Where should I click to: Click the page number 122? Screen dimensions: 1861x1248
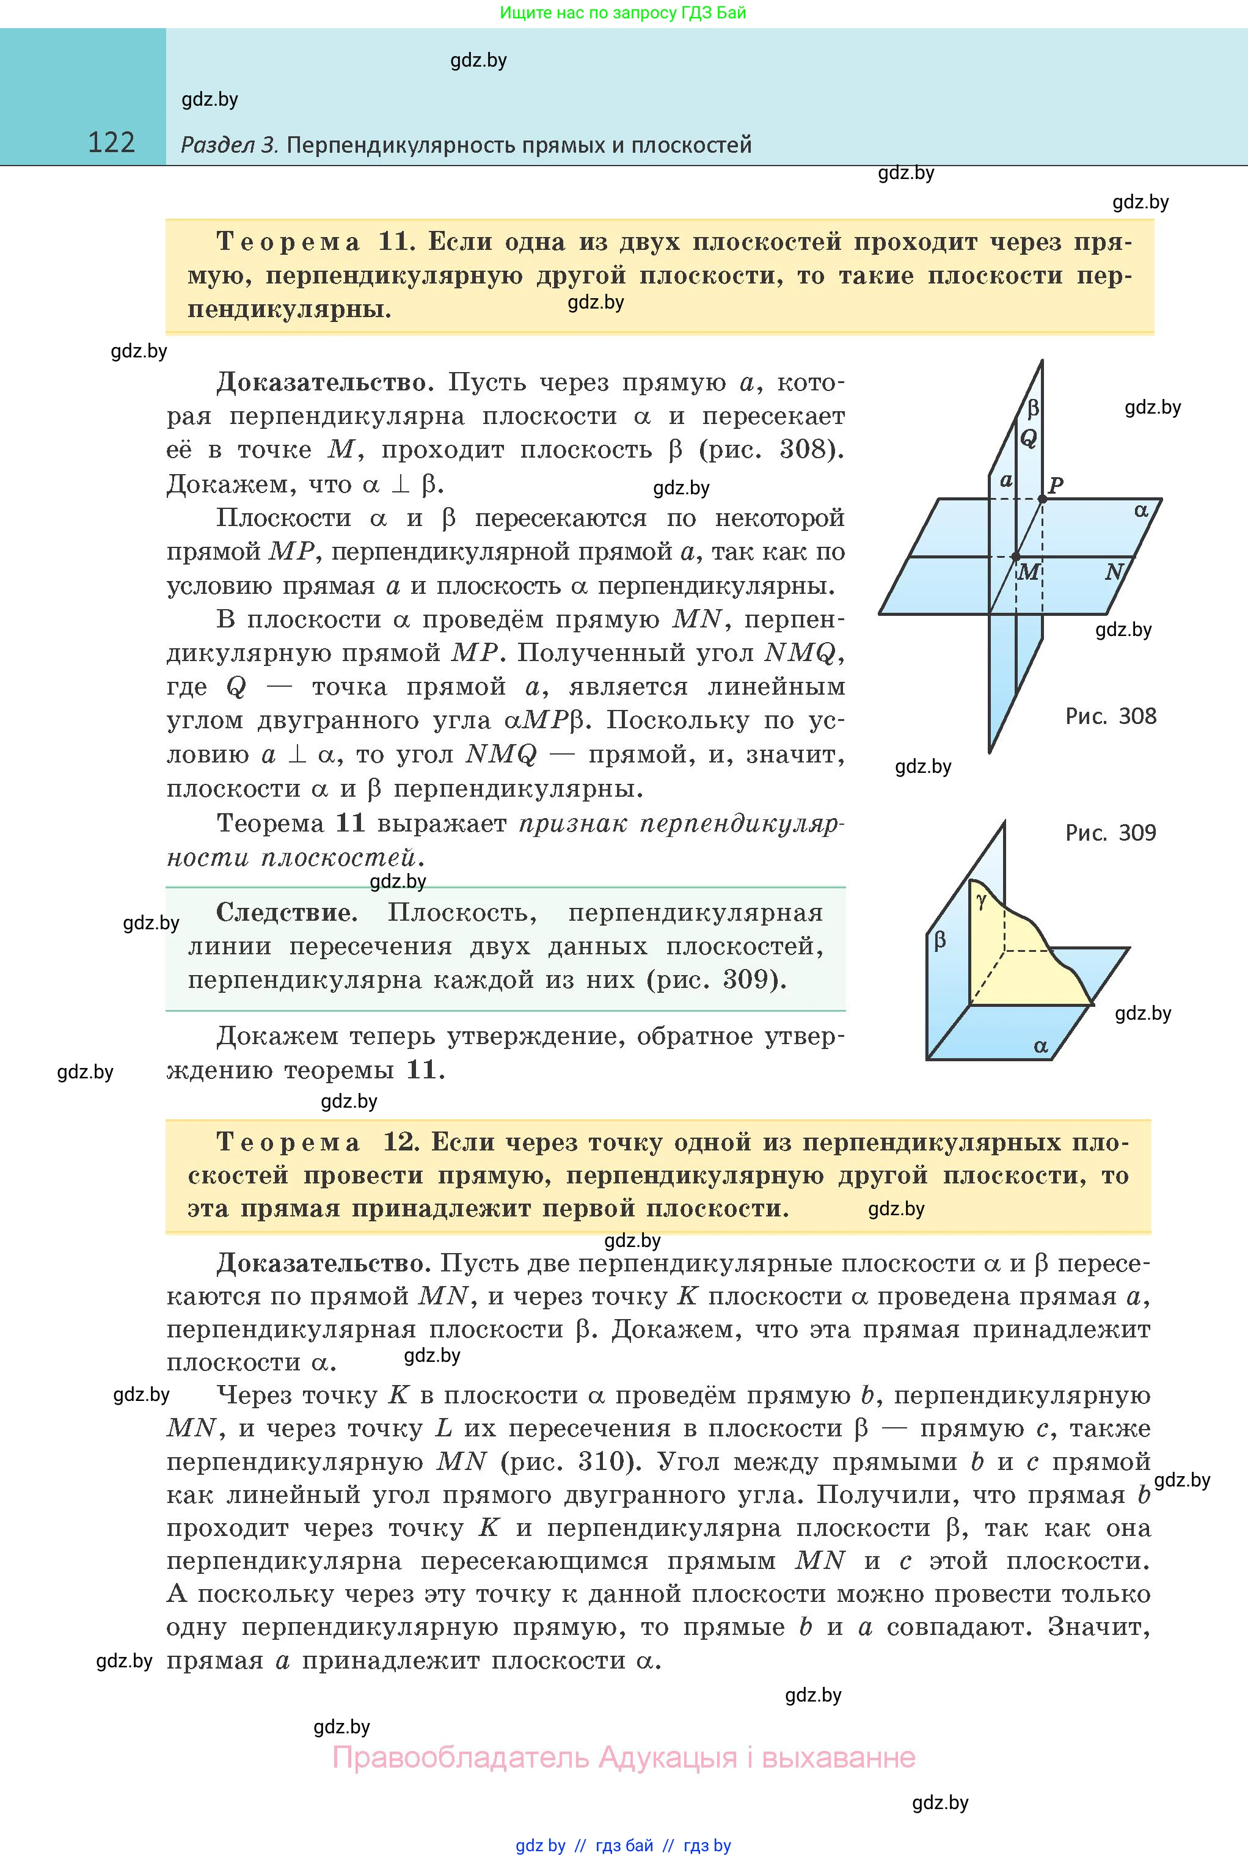click(x=111, y=142)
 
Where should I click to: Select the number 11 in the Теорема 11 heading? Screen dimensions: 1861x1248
click(x=394, y=241)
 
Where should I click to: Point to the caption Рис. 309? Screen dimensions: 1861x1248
click(x=1111, y=833)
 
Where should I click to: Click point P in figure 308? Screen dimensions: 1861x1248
click(x=1056, y=484)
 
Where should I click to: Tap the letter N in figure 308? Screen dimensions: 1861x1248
click(x=1114, y=571)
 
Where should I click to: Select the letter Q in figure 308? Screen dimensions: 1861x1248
click(x=1028, y=438)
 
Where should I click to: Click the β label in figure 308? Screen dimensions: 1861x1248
click(x=1033, y=408)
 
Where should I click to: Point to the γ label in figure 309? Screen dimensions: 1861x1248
click(x=982, y=900)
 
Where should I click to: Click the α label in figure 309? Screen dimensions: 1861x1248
click(x=1040, y=1046)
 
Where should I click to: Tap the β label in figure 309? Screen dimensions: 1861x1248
click(x=940, y=941)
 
